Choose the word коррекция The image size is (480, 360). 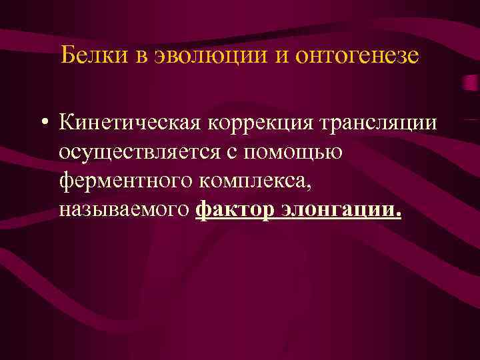click(259, 124)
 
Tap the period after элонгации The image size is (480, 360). click(398, 215)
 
